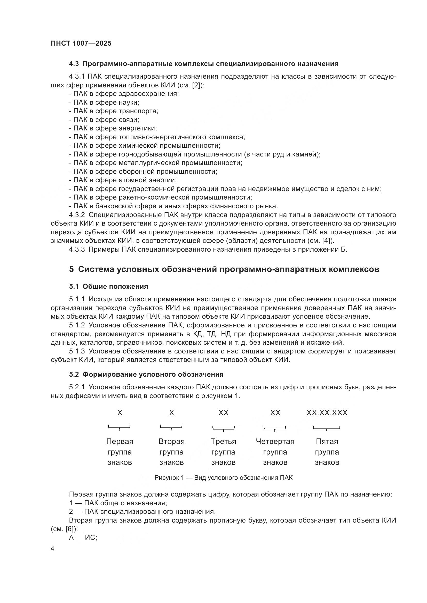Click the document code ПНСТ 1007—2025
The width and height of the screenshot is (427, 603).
(81, 43)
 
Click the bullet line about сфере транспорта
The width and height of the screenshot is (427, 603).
(114, 111)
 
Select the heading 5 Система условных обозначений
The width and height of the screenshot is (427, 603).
(224, 269)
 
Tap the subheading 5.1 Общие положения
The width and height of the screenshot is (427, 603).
(109, 286)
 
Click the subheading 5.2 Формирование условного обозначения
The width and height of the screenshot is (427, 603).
(146, 375)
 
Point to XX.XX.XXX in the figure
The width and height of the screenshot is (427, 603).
(327, 412)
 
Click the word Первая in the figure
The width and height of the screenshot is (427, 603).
(120, 441)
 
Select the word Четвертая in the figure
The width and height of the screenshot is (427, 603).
(275, 441)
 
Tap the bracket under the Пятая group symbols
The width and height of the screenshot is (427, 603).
(327, 428)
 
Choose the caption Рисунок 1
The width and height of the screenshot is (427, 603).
(224, 478)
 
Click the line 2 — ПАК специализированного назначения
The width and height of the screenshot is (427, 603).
(142, 511)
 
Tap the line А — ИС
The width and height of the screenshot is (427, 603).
(83, 538)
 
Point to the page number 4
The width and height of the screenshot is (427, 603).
(53, 549)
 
